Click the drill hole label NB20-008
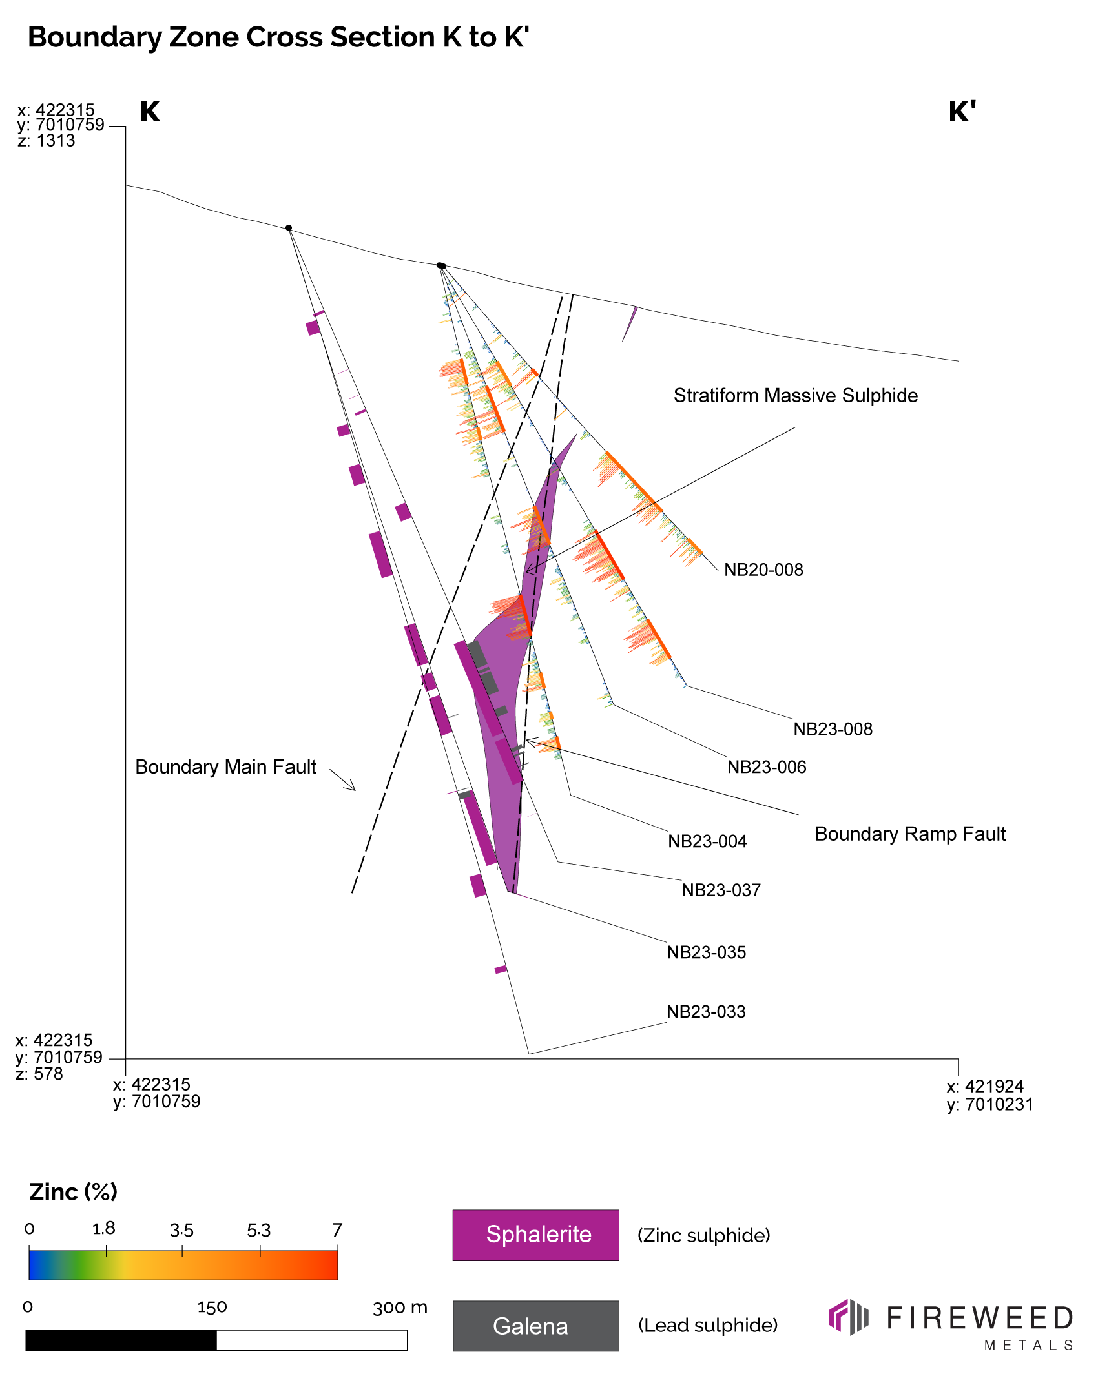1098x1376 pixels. pyautogui.click(x=763, y=570)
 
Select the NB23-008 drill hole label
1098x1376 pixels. pyautogui.click(x=833, y=729)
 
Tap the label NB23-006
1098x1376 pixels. pyautogui.click(x=767, y=767)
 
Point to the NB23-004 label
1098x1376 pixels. pyautogui.click(x=707, y=841)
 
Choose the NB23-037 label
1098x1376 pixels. pyautogui.click(x=721, y=890)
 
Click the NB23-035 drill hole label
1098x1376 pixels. pyautogui.click(x=706, y=952)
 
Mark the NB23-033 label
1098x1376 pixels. pyautogui.click(x=706, y=1012)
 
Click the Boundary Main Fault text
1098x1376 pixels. pyautogui.click(x=225, y=767)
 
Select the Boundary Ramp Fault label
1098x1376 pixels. pyautogui.click(x=910, y=834)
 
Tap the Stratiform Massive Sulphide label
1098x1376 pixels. pyautogui.click(x=795, y=396)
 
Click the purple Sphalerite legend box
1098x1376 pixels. pyautogui.click(x=535, y=1235)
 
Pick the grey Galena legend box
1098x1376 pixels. pyautogui.click(x=535, y=1326)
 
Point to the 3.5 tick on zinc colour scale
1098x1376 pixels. pyautogui.click(x=181, y=1231)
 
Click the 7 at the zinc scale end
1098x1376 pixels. pyautogui.click(x=337, y=1230)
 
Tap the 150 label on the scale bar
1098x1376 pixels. pyautogui.click(x=212, y=1308)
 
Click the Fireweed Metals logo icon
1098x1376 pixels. pyautogui.click(x=848, y=1317)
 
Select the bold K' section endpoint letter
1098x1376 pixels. pyautogui.click(x=961, y=112)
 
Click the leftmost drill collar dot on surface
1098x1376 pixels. pyautogui.click(x=289, y=228)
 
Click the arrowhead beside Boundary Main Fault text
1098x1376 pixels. pyautogui.click(x=353, y=788)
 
